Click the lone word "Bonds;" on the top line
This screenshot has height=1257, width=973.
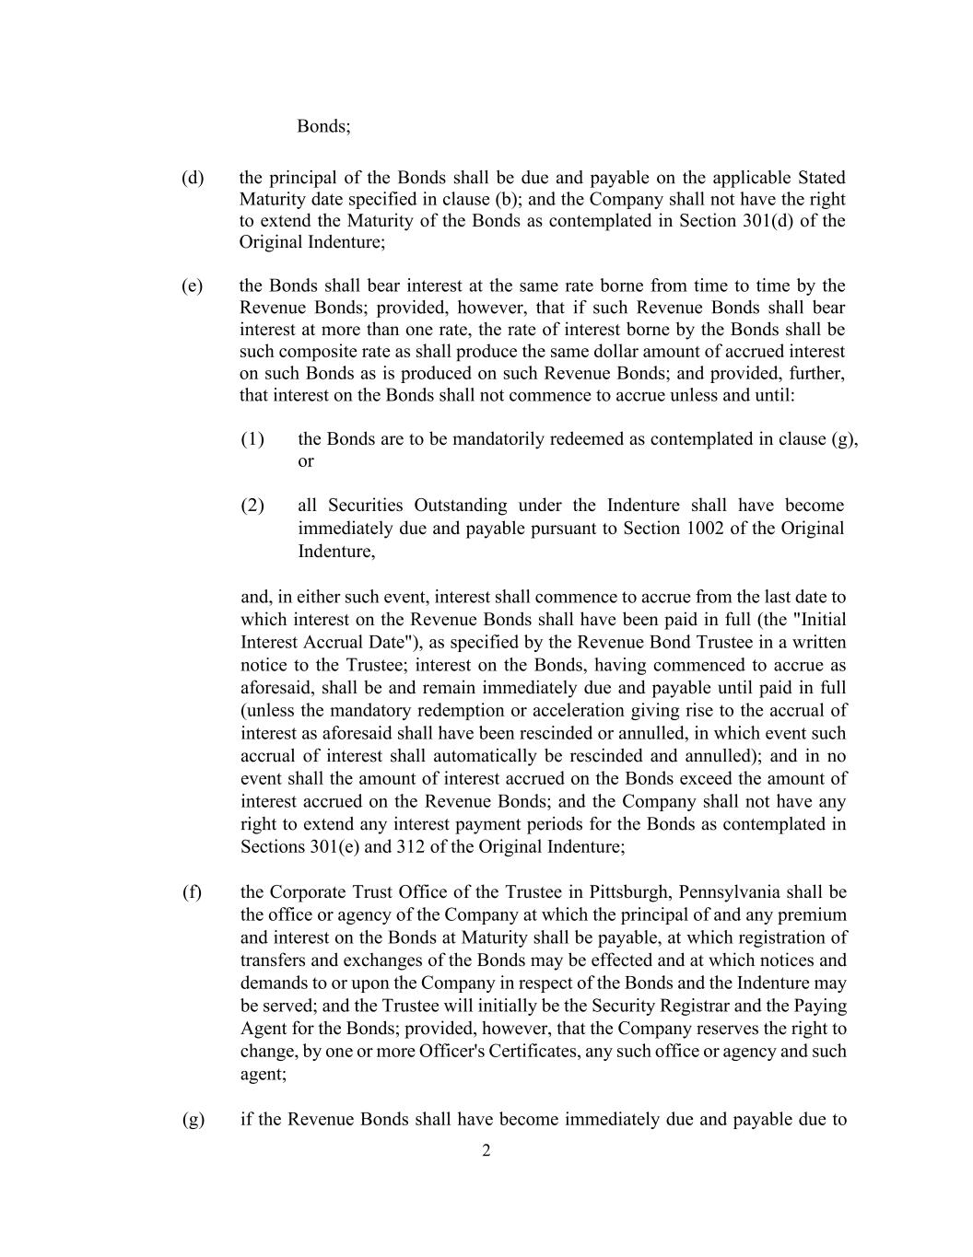323,126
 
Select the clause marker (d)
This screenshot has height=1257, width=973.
193,177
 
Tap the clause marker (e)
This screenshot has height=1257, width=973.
193,285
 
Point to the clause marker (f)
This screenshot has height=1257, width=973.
192,891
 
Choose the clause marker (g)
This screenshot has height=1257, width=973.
193,1120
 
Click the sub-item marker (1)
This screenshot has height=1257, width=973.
252,438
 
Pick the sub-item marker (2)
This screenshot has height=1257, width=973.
252,505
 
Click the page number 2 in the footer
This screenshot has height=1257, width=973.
486,1150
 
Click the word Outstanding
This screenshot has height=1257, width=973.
460,505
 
